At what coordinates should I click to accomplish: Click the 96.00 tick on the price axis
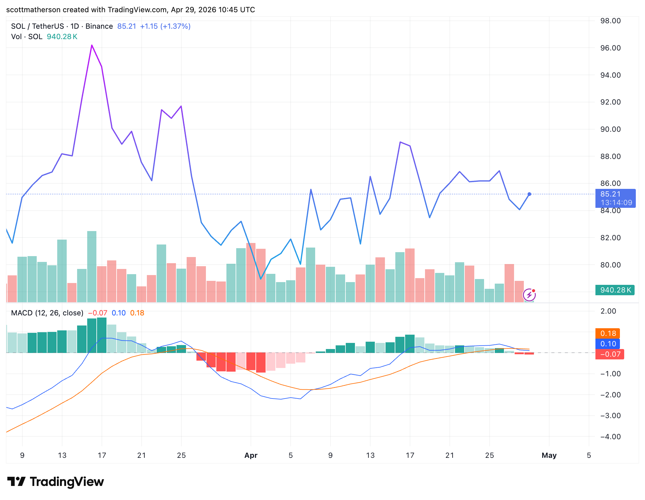(x=610, y=48)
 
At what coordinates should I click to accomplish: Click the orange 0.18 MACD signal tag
(x=608, y=333)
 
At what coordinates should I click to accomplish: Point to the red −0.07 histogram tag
(x=610, y=354)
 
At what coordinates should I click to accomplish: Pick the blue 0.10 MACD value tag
(x=608, y=344)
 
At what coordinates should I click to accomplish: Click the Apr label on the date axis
(x=251, y=455)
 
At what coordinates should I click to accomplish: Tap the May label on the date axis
(x=549, y=455)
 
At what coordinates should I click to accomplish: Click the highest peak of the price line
(x=92, y=46)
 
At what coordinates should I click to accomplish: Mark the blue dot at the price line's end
(x=529, y=194)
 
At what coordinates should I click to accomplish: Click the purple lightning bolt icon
(x=529, y=295)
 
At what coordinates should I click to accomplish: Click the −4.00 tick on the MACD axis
(x=610, y=436)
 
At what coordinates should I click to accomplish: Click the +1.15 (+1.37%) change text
(x=165, y=26)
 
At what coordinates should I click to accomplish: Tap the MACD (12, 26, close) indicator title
(x=47, y=313)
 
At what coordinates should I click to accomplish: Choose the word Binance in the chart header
(x=99, y=26)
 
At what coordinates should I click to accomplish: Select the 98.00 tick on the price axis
(x=610, y=21)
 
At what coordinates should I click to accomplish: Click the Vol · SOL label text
(x=27, y=37)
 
